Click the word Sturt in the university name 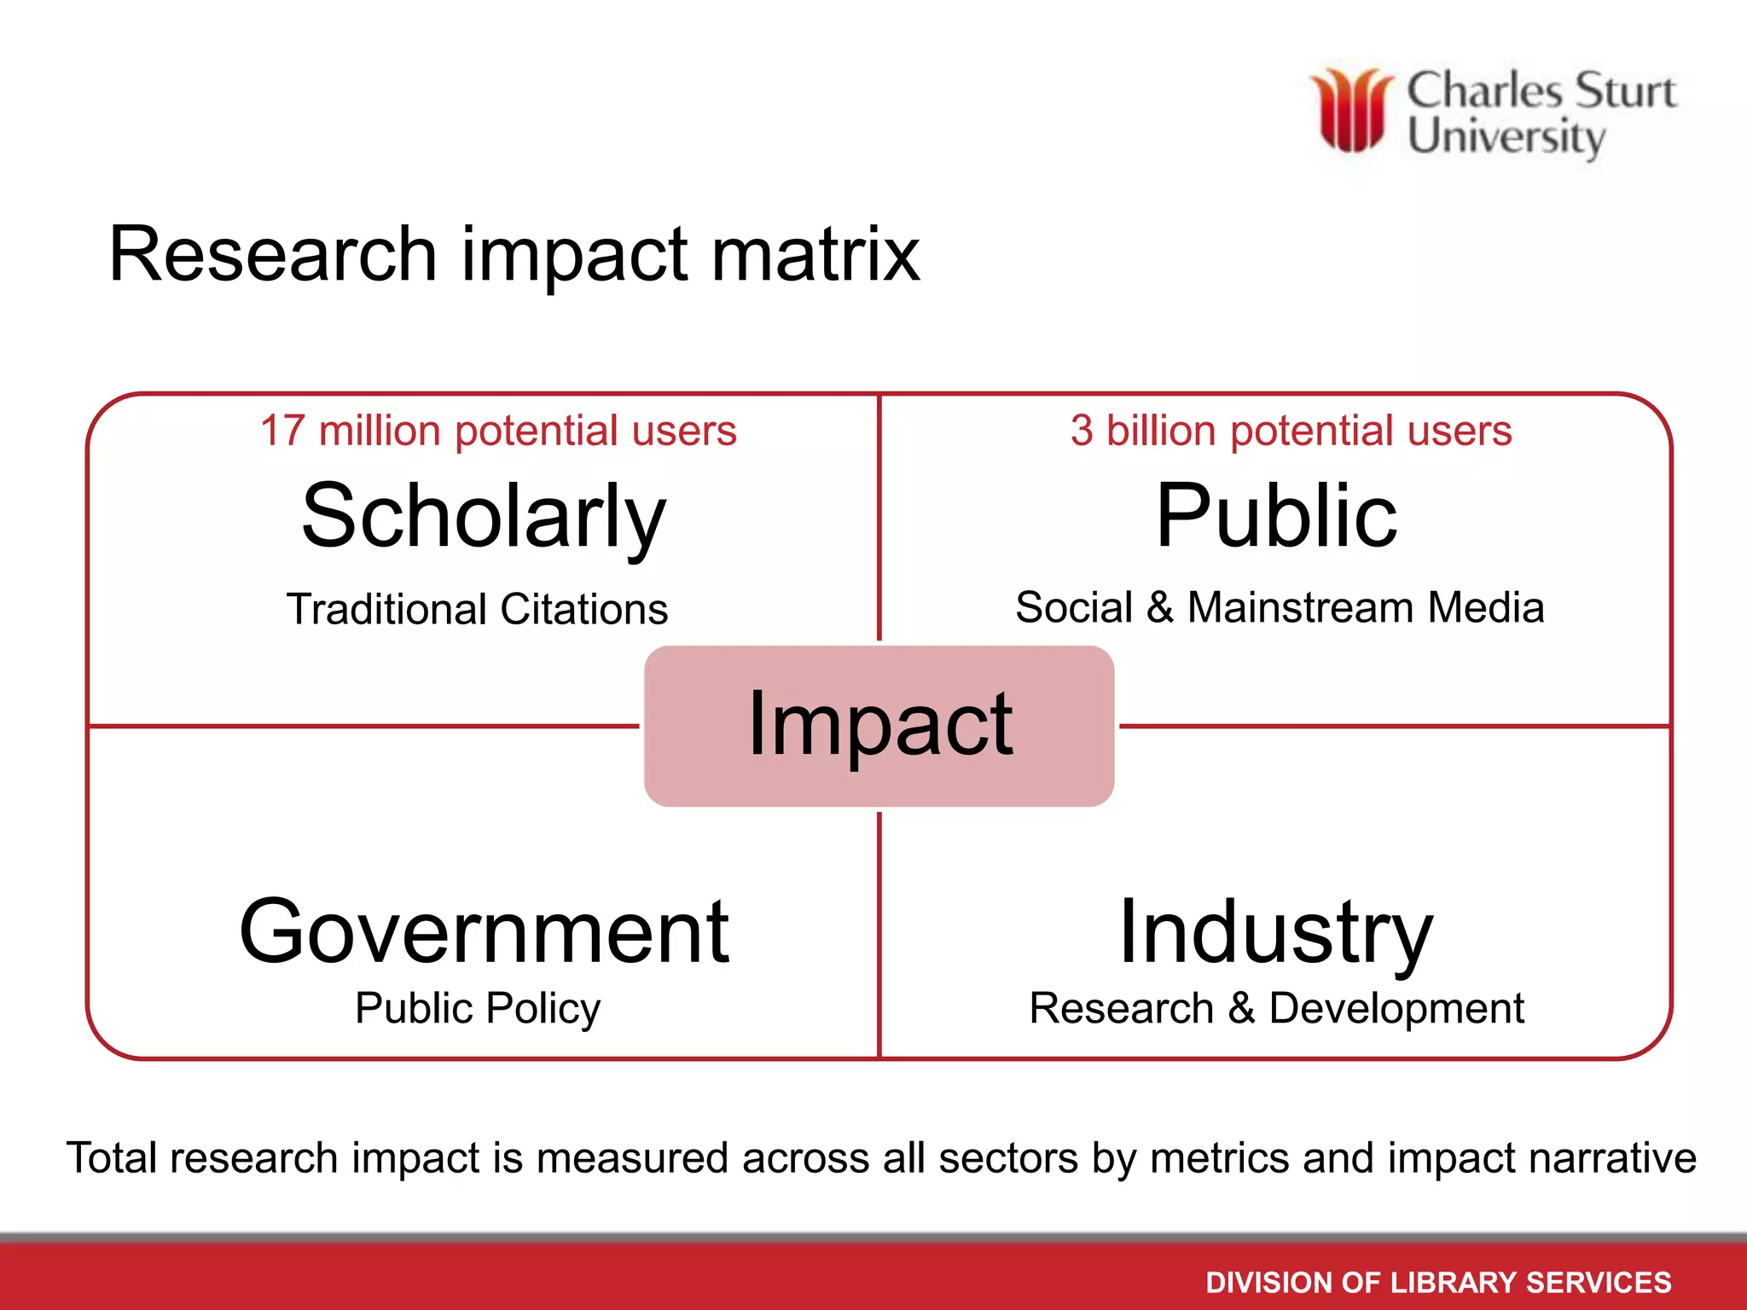tap(1626, 90)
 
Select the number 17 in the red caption tap(282, 431)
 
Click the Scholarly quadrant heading tap(484, 517)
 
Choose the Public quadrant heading tap(1276, 517)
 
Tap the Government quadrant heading tap(484, 932)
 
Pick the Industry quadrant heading tap(1276, 932)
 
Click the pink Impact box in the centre tap(879, 726)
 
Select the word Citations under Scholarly tap(584, 610)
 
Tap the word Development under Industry tap(1396, 1009)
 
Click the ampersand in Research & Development tap(1241, 1009)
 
